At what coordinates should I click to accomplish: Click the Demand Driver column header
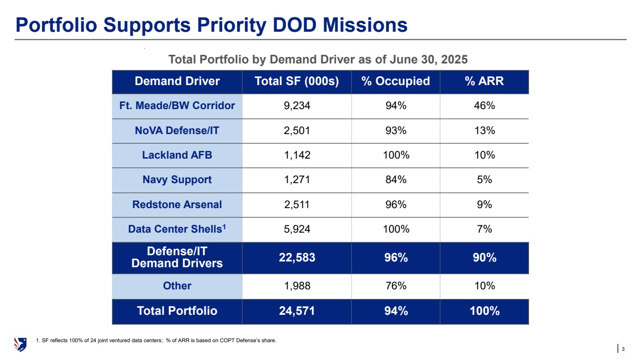coord(177,81)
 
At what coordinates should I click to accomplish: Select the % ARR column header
coord(484,81)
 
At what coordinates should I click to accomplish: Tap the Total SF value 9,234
coord(297,106)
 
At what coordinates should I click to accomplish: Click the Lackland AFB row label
coord(177,155)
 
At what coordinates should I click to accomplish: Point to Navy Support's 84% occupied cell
coord(396,180)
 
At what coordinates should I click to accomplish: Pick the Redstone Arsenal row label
coord(177,205)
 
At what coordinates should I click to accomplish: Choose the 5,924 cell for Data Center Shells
coord(297,229)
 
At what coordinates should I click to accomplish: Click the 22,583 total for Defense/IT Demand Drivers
coord(297,258)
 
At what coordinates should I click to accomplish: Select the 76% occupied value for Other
coord(396,286)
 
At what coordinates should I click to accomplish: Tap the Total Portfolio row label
coord(177,311)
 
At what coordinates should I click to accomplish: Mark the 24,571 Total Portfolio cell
coord(297,311)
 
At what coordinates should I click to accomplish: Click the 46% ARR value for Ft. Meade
coord(484,106)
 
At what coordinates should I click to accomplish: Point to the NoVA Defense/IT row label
coord(177,130)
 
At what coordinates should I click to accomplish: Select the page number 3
coord(623,348)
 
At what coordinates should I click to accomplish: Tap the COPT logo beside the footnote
coord(21,344)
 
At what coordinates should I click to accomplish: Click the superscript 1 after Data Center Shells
coord(223,226)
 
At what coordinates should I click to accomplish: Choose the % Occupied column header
coord(396,81)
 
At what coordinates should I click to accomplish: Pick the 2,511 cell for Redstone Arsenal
coord(297,205)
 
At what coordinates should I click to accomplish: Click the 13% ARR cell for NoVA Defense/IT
coord(484,130)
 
